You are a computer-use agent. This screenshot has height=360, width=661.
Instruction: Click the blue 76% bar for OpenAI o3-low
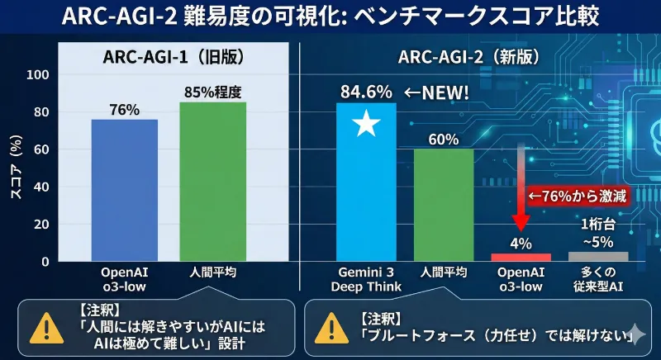point(124,190)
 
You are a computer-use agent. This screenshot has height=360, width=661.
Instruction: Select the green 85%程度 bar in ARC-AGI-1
point(212,182)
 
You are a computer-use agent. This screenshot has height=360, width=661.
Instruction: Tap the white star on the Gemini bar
point(366,125)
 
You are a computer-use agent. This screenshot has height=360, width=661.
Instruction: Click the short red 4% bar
point(521,257)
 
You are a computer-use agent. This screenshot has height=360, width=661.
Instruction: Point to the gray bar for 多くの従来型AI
point(598,256)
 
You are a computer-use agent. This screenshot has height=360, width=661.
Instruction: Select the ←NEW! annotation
point(435,92)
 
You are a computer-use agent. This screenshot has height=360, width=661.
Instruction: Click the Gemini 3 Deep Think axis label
point(366,279)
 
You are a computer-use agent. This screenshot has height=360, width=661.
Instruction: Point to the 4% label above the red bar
point(521,243)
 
